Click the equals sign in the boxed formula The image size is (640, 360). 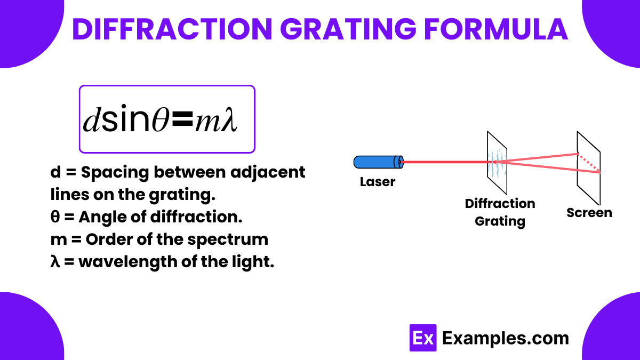point(182,122)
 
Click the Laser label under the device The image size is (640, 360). point(378,182)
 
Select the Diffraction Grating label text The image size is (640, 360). point(500,212)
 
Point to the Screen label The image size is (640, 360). point(589,213)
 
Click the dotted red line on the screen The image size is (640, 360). point(589,163)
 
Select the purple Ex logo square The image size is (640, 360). point(423,338)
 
